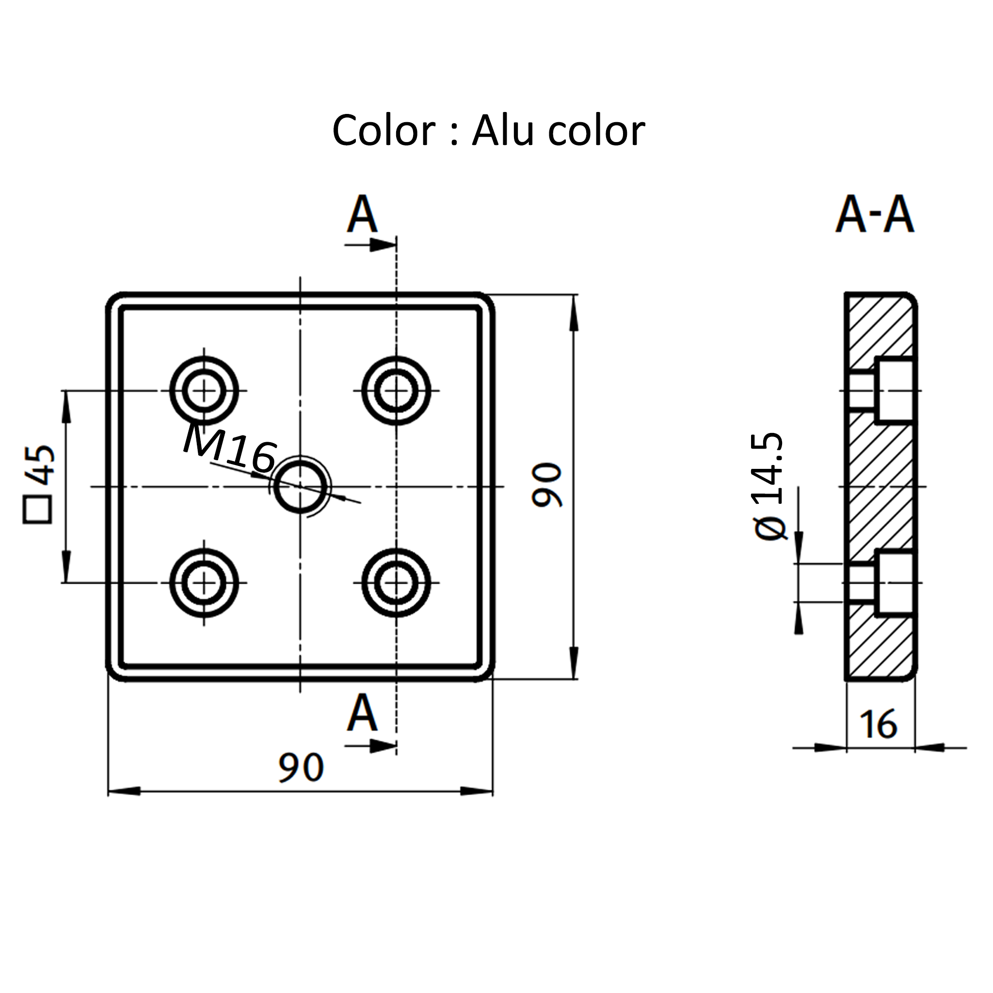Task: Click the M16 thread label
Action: (230, 448)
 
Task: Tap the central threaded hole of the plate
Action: (301, 486)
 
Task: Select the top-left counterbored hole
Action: (204, 391)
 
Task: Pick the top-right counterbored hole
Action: (396, 391)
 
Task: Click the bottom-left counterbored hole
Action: (204, 583)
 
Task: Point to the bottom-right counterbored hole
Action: (396, 583)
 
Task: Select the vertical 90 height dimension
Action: (547, 485)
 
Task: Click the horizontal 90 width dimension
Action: (301, 768)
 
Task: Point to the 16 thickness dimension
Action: (879, 724)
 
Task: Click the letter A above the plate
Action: (362, 214)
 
